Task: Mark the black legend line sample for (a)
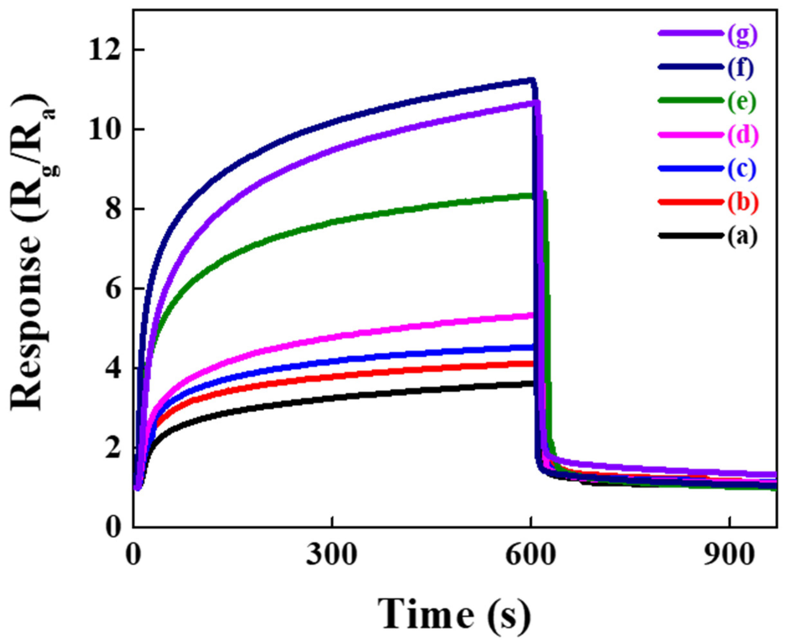click(690, 235)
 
